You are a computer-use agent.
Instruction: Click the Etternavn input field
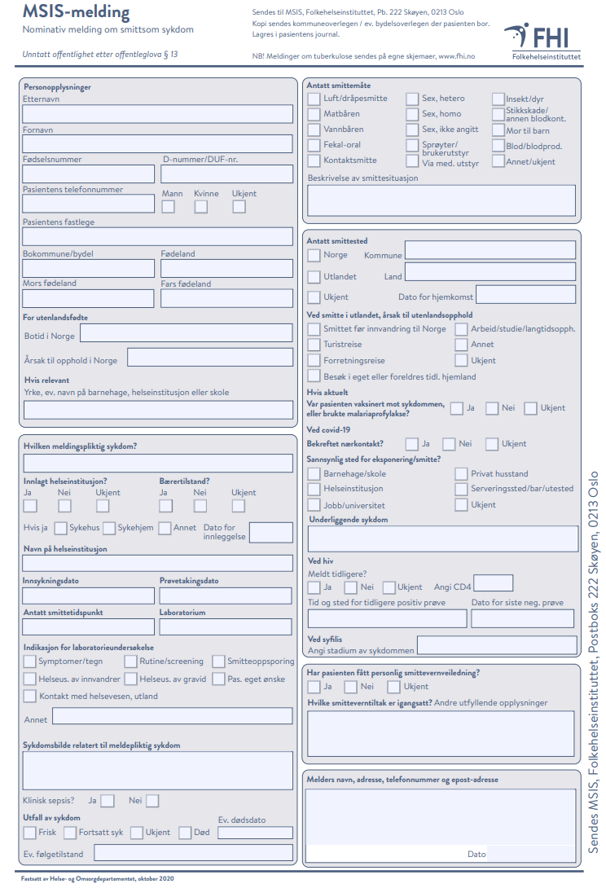(x=157, y=113)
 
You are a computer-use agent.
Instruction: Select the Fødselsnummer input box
(x=88, y=174)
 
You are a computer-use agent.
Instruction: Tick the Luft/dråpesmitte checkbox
(x=314, y=99)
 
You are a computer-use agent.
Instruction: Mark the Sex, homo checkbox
(x=412, y=114)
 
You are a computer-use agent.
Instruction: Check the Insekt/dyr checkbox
(x=498, y=99)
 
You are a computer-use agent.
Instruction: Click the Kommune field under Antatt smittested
(x=490, y=251)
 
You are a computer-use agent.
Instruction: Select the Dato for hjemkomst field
(x=525, y=294)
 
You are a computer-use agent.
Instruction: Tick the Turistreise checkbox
(x=314, y=345)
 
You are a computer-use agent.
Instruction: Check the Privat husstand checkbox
(x=462, y=473)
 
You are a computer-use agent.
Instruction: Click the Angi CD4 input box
(x=493, y=582)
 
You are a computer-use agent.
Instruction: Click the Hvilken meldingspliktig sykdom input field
(x=157, y=463)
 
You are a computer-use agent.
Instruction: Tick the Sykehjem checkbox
(x=109, y=528)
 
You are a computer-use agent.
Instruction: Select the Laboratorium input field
(x=226, y=626)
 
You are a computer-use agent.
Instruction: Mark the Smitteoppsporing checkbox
(x=218, y=662)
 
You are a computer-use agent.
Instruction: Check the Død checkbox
(x=185, y=833)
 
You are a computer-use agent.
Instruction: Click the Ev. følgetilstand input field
(x=193, y=853)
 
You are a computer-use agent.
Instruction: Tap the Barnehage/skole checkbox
(x=314, y=473)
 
